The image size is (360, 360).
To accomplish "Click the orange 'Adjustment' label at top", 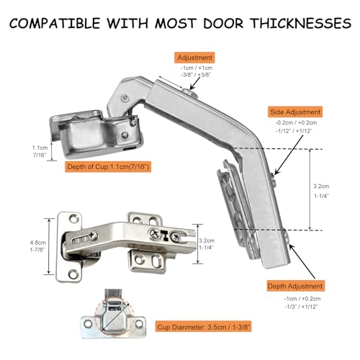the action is pos(194,58).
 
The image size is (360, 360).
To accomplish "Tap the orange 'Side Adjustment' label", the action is pos(295,112).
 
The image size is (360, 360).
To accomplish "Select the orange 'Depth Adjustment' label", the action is pos(295,286).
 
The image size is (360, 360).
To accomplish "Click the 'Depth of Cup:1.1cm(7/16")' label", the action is pos(108,166).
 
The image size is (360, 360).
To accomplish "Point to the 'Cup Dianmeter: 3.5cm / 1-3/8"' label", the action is pos(204,327).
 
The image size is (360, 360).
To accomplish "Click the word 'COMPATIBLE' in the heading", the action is pos(55,23).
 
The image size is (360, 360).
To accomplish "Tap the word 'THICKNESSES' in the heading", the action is pos(301,23).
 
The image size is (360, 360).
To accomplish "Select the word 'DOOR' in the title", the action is pos(223,23).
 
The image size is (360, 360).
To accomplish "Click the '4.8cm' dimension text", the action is pos(37,243).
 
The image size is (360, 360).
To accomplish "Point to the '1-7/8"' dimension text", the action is pos(37,250).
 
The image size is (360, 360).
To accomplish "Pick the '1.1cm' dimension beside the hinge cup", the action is pos(40,148).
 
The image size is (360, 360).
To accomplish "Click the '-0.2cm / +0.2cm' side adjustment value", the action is pos(296,122).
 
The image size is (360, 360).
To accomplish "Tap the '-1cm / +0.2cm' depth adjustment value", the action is pos(302,299).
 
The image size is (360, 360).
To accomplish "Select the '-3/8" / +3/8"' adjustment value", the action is pos(196,75).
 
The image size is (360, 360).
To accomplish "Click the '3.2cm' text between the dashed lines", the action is pos(321,186).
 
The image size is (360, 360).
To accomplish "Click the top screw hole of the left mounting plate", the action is pos(73,219).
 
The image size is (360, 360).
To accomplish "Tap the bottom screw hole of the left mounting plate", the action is pos(73,274).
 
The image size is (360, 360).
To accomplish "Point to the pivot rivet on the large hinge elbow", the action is pos(125,98).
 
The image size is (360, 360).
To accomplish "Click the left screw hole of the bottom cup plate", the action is pos(88,324).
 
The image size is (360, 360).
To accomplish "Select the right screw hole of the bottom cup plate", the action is pos(139,324).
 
